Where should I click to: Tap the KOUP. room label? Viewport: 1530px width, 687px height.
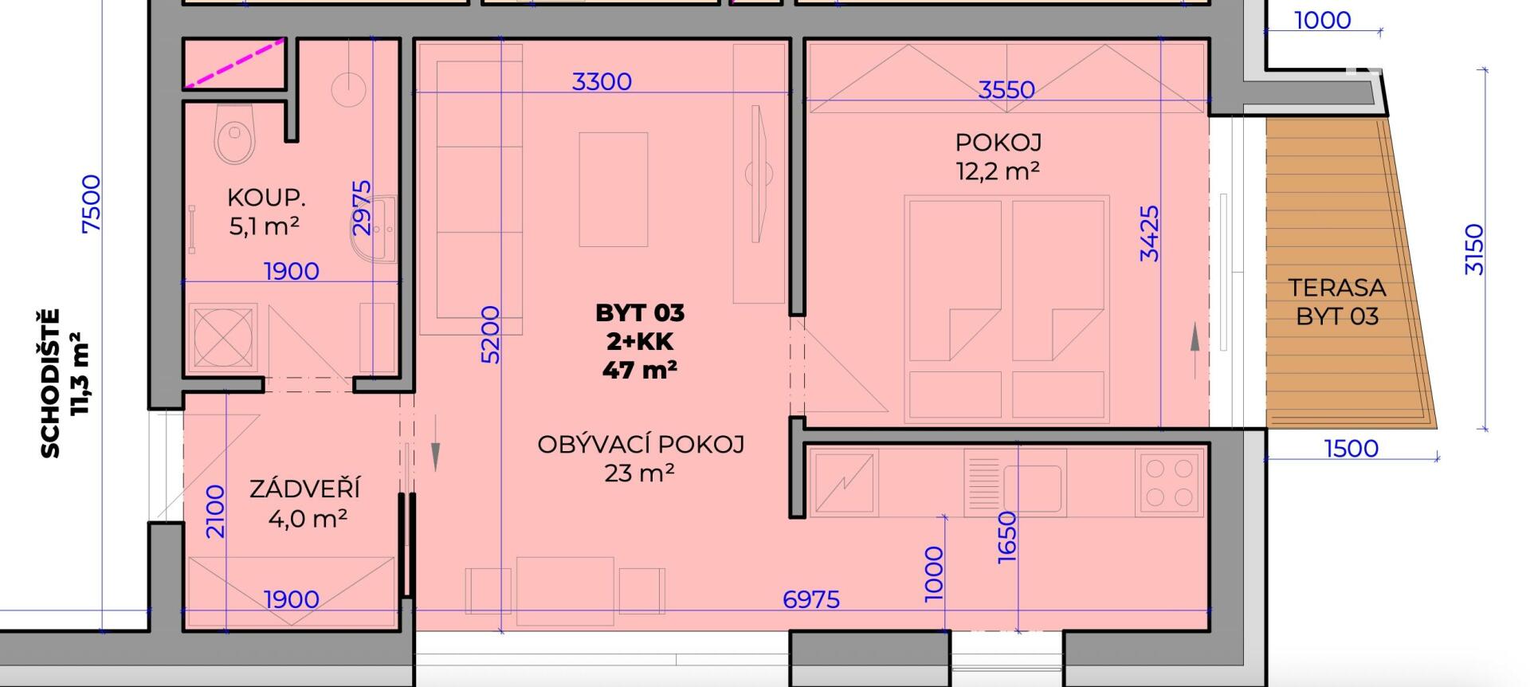coord(266,198)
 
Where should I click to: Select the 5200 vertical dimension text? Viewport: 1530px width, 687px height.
coord(491,335)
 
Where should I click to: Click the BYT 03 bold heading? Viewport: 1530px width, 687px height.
coord(640,312)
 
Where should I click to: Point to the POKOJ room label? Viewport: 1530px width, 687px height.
coord(998,143)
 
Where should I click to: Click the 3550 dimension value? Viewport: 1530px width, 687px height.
coord(1006,89)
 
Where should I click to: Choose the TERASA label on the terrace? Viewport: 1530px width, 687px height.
coord(1337,287)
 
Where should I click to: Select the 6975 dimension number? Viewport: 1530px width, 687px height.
coord(811,599)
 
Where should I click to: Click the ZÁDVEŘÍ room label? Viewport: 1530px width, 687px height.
coord(305,488)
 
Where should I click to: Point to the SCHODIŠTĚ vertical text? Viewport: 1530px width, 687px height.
coord(50,383)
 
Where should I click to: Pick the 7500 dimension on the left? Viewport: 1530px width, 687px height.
coord(92,204)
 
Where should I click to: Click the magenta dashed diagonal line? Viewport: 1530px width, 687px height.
coord(234,62)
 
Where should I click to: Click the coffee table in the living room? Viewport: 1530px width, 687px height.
coord(614,190)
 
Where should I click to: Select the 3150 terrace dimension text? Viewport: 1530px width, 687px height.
coord(1475,249)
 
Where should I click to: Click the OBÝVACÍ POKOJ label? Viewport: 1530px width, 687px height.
coord(641,444)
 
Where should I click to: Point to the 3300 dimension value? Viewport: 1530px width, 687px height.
coord(602,81)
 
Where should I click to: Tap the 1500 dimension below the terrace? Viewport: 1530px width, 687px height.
coord(1351,448)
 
